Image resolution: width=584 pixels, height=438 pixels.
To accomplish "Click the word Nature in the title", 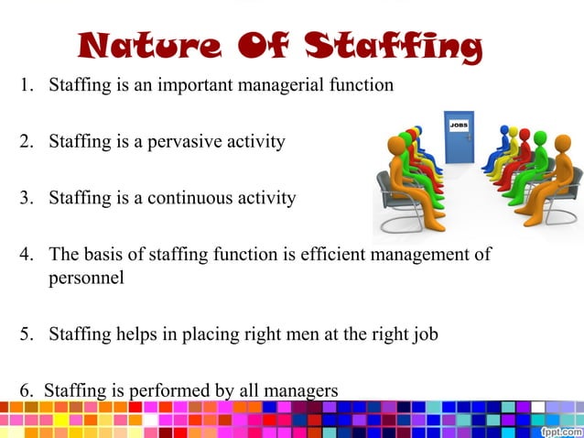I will pos(135,46).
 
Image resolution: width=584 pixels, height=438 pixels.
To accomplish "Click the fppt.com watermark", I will pos(560,427).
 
